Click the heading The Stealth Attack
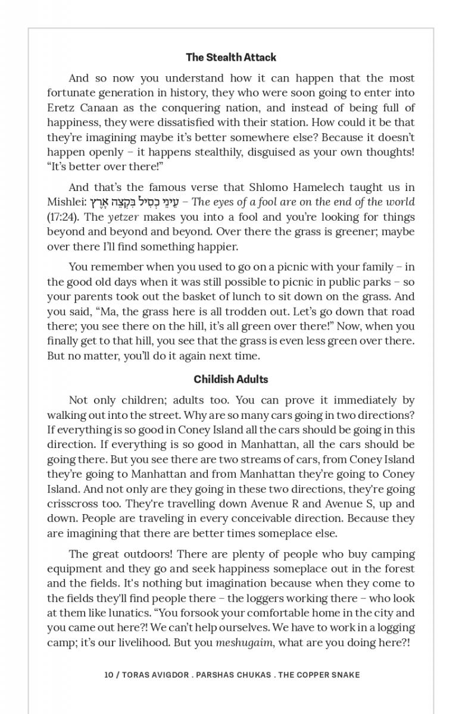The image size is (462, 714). tap(231, 58)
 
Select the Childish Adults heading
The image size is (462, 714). tap(231, 380)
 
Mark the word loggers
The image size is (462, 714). tap(292, 599)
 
